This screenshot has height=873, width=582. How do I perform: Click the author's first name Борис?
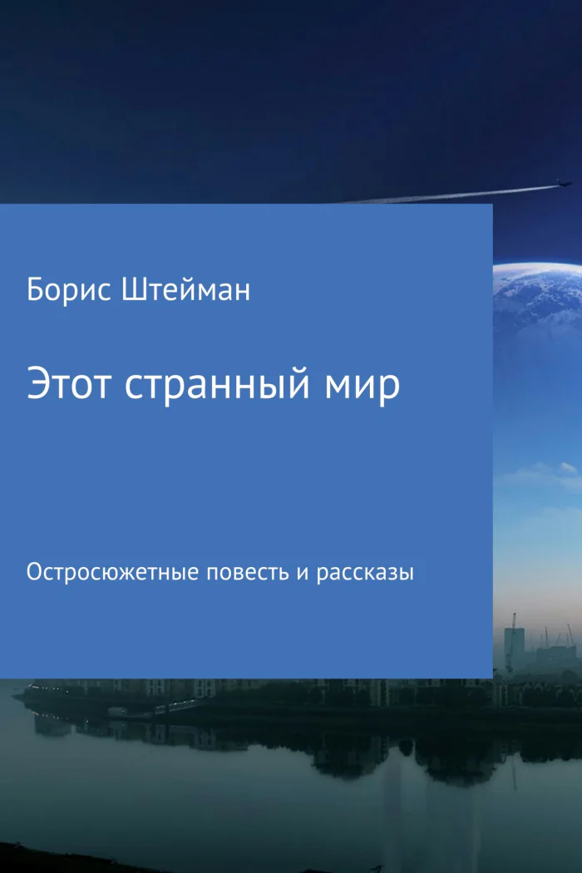(69, 290)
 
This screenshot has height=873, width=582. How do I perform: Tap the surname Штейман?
(185, 290)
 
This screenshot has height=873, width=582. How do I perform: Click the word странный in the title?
(217, 386)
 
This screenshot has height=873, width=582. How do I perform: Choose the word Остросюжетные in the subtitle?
(112, 572)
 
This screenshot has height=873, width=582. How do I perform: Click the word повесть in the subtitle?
(248, 573)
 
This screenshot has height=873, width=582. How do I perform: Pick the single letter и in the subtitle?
(303, 574)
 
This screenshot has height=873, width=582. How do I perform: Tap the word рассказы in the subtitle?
(365, 574)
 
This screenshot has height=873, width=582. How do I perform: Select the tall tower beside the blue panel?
(515, 646)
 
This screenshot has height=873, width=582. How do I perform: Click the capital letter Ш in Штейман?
(131, 290)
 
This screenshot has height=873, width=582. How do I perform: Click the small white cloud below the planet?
(567, 468)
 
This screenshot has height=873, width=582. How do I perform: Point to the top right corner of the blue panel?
(493, 204)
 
